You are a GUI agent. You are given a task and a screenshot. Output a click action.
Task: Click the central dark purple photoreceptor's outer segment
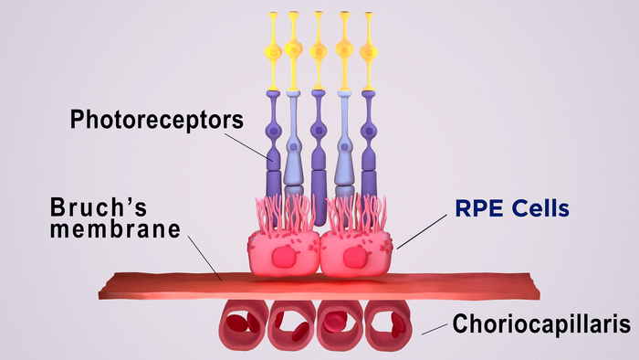coord(318,196)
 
